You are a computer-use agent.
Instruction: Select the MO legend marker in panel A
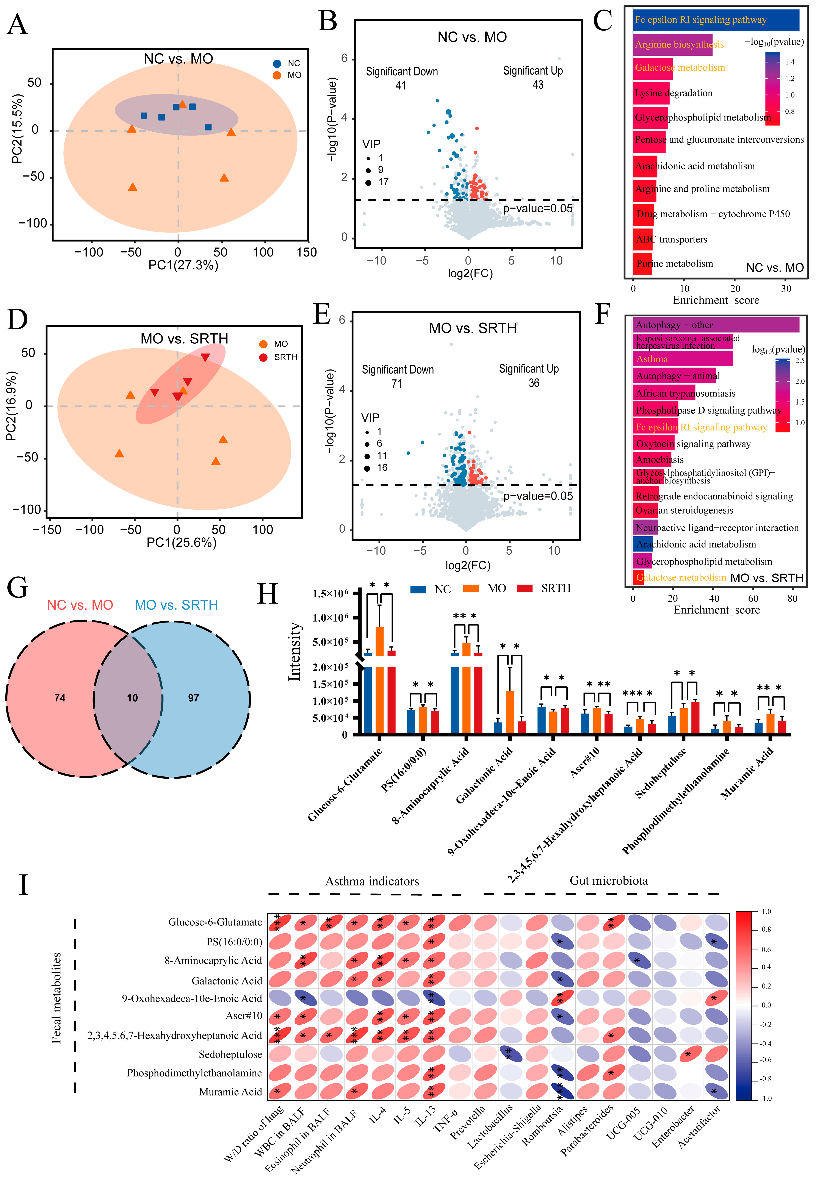[277, 75]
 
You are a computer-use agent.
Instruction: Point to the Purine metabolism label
[674, 264]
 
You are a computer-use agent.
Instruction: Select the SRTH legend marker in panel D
[263, 357]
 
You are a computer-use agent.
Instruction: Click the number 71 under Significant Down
[397, 383]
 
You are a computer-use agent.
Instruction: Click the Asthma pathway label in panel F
[652, 359]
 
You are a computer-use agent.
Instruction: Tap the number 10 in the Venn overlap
[132, 698]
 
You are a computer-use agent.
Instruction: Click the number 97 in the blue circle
[193, 698]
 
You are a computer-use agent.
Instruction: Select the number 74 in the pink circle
[60, 698]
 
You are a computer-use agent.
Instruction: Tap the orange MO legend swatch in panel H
[470, 589]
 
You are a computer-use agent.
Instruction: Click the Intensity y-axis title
[295, 652]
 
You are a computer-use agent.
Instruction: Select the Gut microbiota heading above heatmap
[608, 881]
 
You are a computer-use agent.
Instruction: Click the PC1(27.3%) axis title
[183, 265]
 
